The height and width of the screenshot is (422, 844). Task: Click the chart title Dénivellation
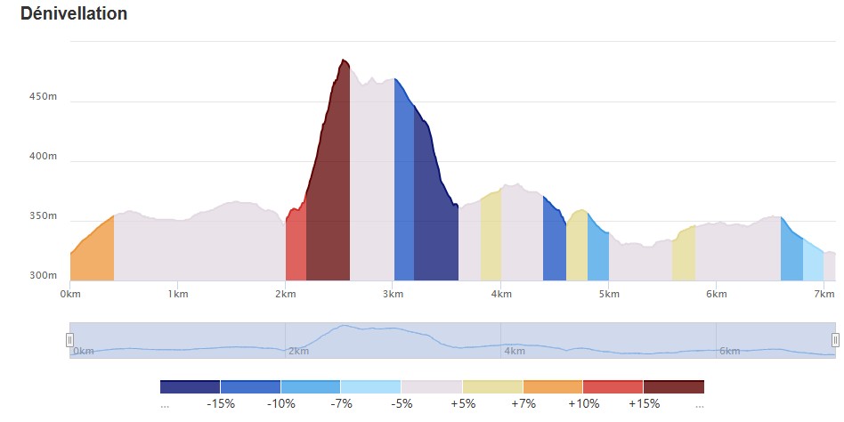click(x=74, y=13)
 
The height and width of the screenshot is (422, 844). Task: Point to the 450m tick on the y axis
click(x=43, y=97)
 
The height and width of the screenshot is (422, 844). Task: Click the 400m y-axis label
click(x=43, y=157)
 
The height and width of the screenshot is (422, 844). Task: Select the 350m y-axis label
click(x=43, y=216)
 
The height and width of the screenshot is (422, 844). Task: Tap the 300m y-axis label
click(x=43, y=276)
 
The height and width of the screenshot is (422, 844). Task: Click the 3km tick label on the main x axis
click(x=393, y=294)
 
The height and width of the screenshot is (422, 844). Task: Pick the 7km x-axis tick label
click(x=824, y=294)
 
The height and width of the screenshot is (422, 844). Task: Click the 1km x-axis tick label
click(x=178, y=294)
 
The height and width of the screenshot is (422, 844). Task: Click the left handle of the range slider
click(x=69, y=340)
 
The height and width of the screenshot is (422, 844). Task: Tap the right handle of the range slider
click(x=835, y=340)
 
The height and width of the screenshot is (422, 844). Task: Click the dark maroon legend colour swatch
click(x=673, y=386)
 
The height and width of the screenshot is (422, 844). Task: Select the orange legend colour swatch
click(x=553, y=386)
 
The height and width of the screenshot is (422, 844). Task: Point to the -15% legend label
click(x=221, y=403)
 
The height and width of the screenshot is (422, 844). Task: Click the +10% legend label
click(x=583, y=403)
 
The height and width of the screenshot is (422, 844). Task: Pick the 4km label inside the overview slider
click(x=514, y=352)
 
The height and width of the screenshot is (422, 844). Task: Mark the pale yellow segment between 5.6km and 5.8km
click(x=684, y=256)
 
